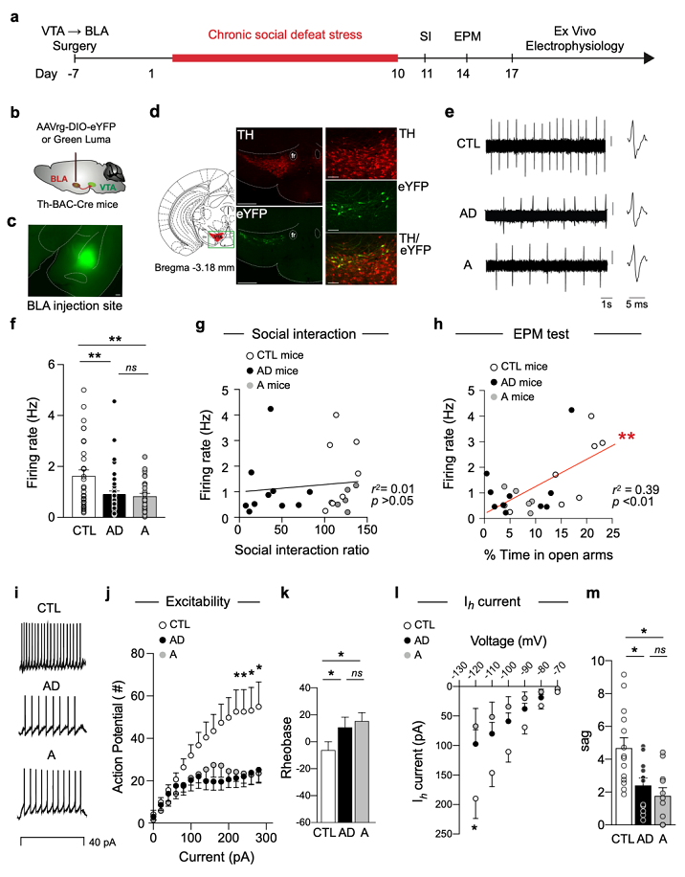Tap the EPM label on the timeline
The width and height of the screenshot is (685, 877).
coord(468,36)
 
